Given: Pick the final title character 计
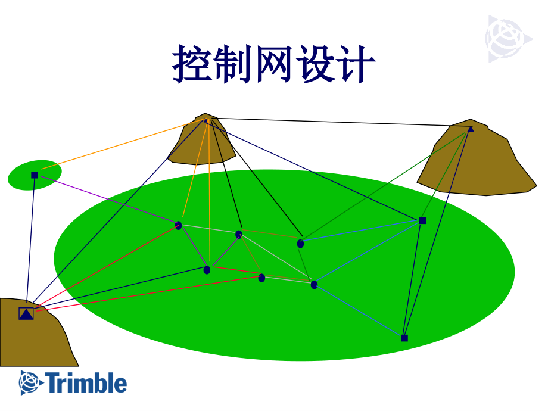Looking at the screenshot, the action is pyautogui.click(x=356, y=64).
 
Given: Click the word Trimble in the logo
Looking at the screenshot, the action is pyautogui.click(x=86, y=383).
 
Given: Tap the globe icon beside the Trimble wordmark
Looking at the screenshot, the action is pyautogui.click(x=31, y=382).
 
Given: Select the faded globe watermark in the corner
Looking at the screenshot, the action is pyautogui.click(x=507, y=39).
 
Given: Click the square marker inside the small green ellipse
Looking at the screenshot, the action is pyautogui.click(x=35, y=175).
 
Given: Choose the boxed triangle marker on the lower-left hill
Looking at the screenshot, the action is pyautogui.click(x=26, y=313).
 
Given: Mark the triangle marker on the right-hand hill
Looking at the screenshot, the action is pyautogui.click(x=471, y=129).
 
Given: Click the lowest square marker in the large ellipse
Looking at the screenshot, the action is pyautogui.click(x=404, y=338).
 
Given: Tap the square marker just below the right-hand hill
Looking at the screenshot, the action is pyautogui.click(x=422, y=220).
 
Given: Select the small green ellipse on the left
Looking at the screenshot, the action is pyautogui.click(x=35, y=175).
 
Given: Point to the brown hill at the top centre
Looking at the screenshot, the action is pyautogui.click(x=203, y=140).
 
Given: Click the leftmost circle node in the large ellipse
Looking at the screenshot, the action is pyautogui.click(x=178, y=225).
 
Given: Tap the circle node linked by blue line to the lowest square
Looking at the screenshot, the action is pyautogui.click(x=314, y=285).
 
